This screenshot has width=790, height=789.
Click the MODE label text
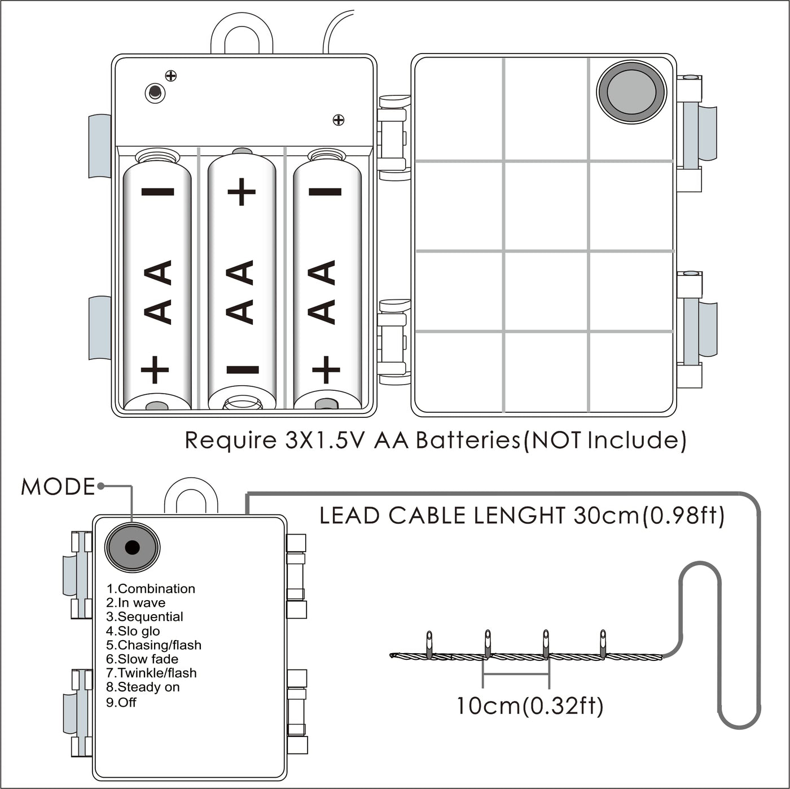click(58, 487)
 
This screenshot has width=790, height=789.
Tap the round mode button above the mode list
click(132, 547)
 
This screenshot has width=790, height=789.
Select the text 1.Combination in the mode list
click(151, 589)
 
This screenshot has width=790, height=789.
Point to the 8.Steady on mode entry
click(143, 687)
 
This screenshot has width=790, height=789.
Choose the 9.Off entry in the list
click(121, 702)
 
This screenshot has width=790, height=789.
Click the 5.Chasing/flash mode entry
click(153, 645)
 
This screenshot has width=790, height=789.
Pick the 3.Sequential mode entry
click(144, 616)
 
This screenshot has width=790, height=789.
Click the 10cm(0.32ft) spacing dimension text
click(529, 706)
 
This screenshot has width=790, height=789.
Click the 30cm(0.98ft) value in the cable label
click(649, 515)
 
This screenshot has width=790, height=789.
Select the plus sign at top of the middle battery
click(242, 192)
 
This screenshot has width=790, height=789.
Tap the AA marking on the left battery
click(157, 292)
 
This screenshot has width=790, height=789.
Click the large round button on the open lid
click(631, 91)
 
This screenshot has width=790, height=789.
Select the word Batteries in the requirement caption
click(468, 440)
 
